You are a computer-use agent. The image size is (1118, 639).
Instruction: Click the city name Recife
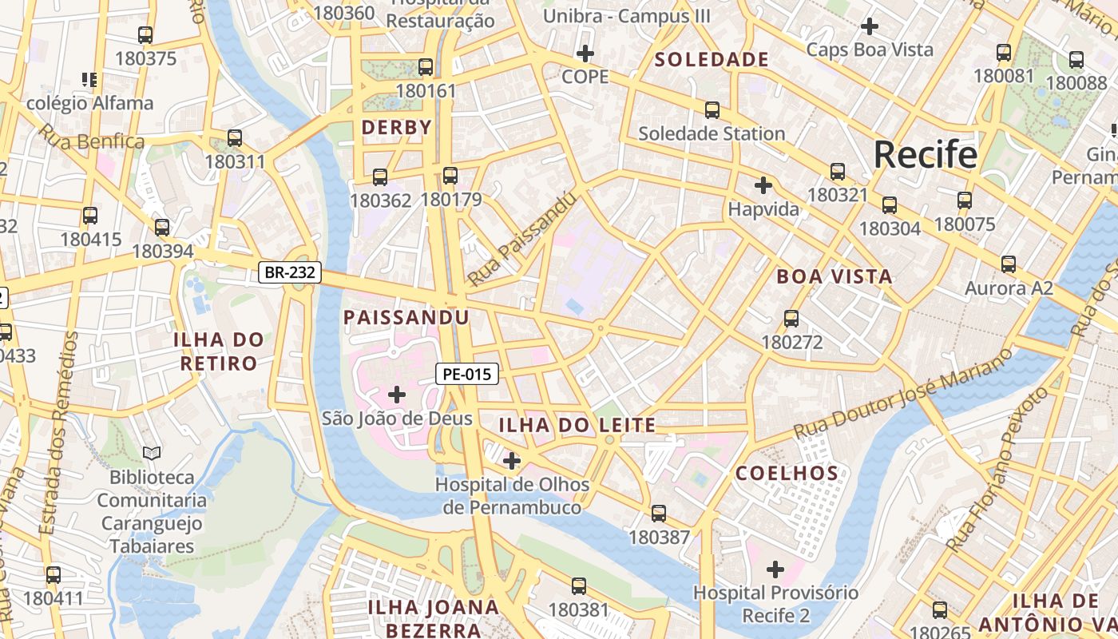pyautogui.click(x=925, y=154)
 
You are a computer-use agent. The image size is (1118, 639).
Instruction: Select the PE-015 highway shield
pyautogui.click(x=467, y=373)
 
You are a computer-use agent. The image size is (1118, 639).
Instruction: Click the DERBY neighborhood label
pyautogui.click(x=396, y=127)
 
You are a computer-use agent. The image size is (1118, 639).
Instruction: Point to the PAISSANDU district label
pyautogui.click(x=406, y=317)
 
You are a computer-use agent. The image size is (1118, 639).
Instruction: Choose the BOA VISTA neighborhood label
pyautogui.click(x=835, y=276)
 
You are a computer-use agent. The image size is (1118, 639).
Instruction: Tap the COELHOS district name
pyautogui.click(x=787, y=473)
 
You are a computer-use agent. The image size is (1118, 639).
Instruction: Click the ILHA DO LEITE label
pyautogui.click(x=577, y=425)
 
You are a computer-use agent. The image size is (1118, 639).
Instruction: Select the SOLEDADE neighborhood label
pyautogui.click(x=712, y=59)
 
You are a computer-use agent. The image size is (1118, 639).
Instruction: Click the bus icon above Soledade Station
pyautogui.click(x=712, y=110)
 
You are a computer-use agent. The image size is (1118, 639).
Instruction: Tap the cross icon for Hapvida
pyautogui.click(x=763, y=185)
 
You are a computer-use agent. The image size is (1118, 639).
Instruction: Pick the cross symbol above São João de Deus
pyautogui.click(x=397, y=394)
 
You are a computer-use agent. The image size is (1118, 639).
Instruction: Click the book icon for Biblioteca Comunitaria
pyautogui.click(x=152, y=453)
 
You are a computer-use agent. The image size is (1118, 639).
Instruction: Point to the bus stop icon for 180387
pyautogui.click(x=659, y=514)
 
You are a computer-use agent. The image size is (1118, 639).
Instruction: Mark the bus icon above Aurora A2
pyautogui.click(x=1009, y=264)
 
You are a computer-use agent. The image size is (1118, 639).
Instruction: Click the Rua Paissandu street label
pyautogui.click(x=521, y=239)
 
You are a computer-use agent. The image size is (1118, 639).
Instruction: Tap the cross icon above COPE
pyautogui.click(x=585, y=54)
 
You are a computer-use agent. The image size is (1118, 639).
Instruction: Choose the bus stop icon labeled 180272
pyautogui.click(x=791, y=319)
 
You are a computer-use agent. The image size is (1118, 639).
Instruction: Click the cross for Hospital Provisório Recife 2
pyautogui.click(x=775, y=570)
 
